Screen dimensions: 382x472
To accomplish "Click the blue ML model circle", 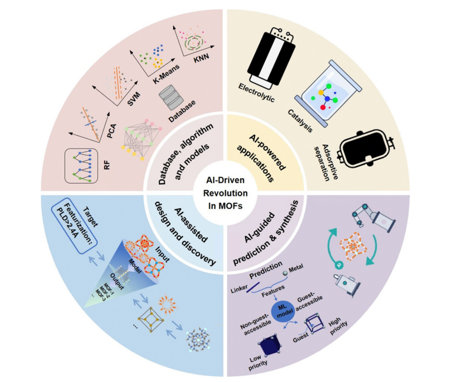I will point(282,313).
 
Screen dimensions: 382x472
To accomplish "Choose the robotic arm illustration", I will point(366,214).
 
